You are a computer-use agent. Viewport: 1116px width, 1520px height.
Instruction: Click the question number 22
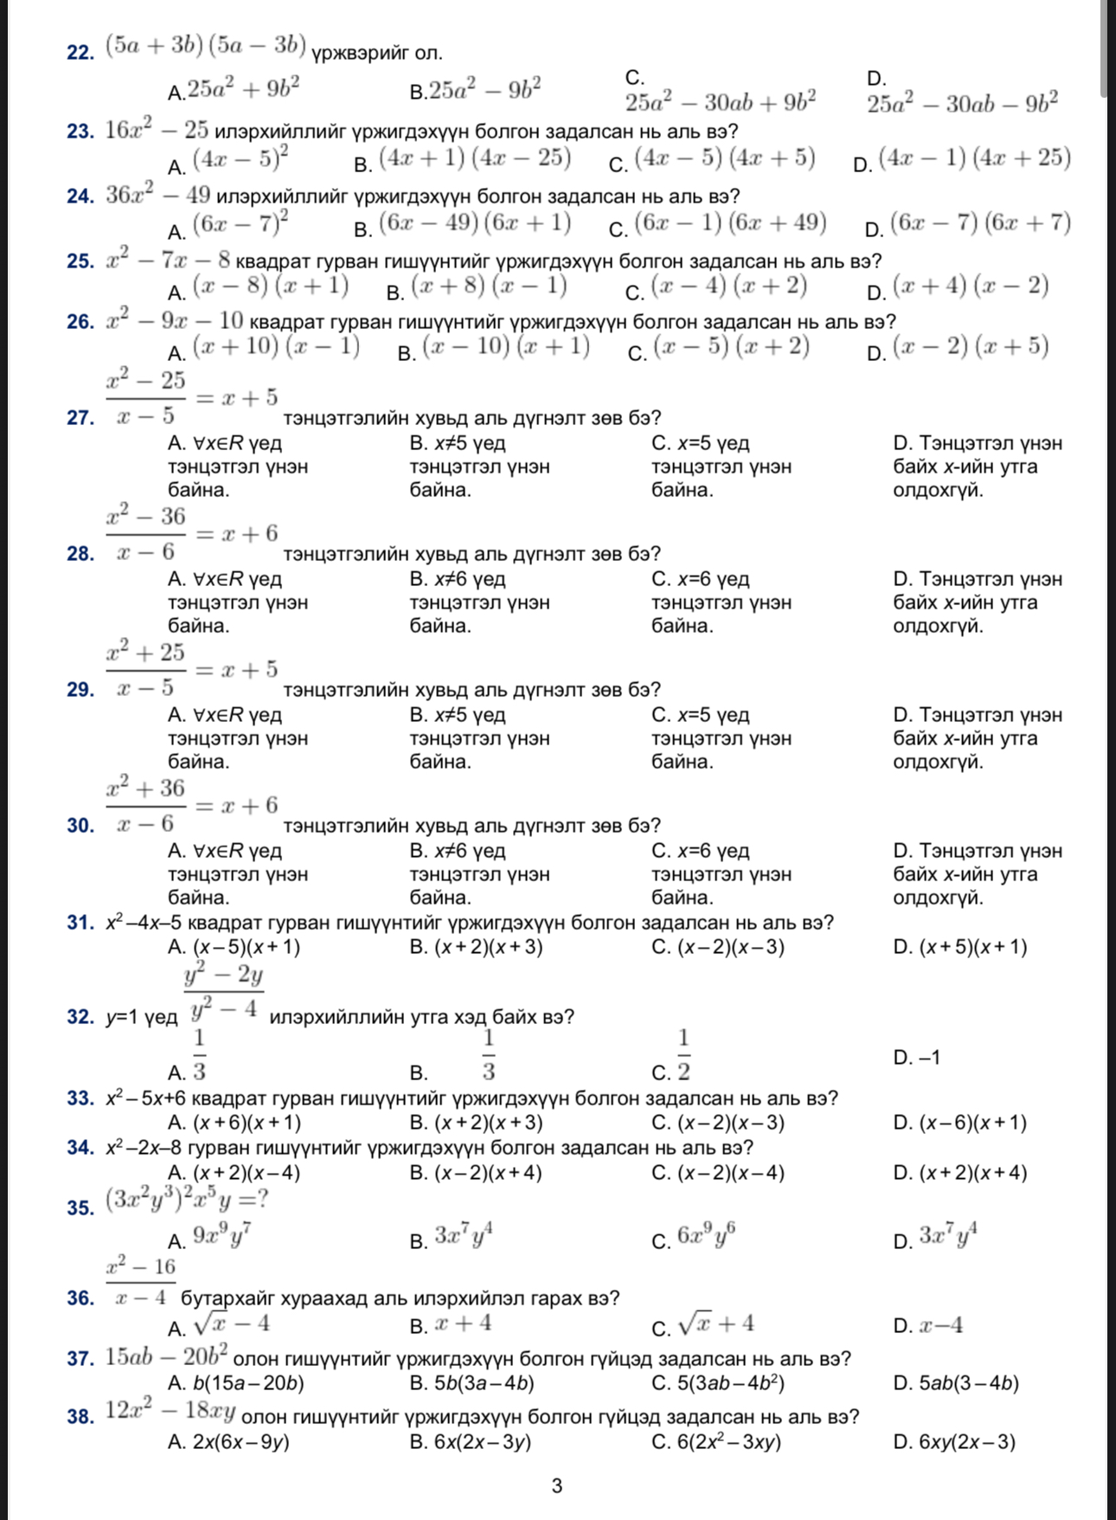[x=80, y=54]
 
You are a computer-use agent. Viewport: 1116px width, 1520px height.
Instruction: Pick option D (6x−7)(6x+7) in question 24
[x=969, y=225]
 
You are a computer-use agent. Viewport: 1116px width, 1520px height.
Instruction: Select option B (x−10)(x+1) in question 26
[x=494, y=349]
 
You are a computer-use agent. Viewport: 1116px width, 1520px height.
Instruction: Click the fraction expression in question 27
[x=145, y=397]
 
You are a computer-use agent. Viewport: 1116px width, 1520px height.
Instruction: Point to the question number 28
[x=80, y=554]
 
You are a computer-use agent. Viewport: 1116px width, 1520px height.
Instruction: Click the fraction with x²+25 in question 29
[x=145, y=669]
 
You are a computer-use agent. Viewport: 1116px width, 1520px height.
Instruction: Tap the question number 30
[x=80, y=826]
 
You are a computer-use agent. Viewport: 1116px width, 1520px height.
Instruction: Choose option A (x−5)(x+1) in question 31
[x=234, y=947]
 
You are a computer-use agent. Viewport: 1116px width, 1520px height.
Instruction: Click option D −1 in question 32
[x=916, y=1058]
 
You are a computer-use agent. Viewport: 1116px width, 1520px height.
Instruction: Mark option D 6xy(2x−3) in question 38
[x=954, y=1442]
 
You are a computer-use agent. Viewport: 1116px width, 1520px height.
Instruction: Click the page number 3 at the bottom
[x=557, y=1486]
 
